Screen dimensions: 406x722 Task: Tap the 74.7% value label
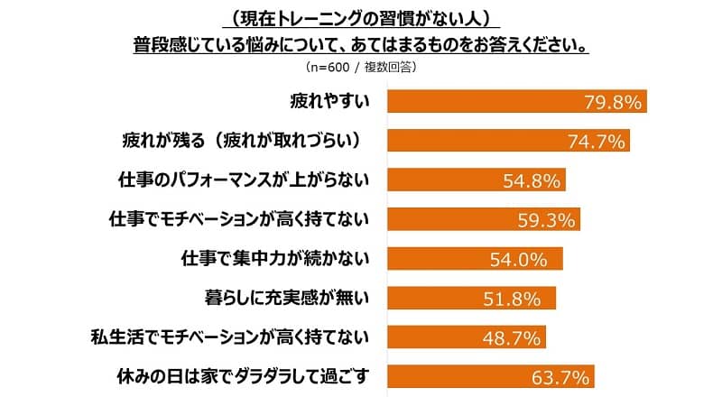click(x=595, y=142)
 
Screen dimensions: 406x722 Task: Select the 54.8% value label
click(x=532, y=180)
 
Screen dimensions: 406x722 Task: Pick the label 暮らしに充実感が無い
click(x=283, y=297)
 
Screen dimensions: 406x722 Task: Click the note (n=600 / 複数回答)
click(x=361, y=67)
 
